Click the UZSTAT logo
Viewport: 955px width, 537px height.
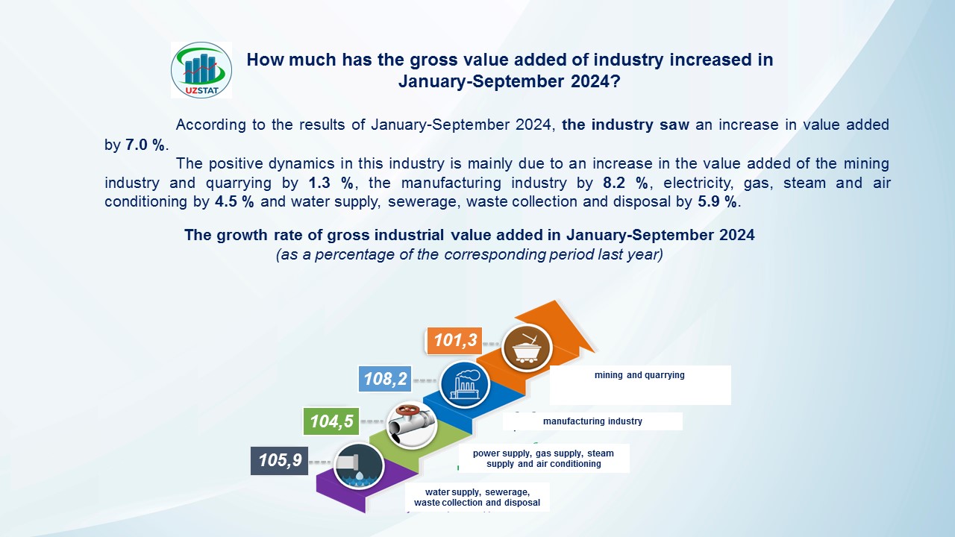(x=201, y=69)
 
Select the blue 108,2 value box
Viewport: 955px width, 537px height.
(x=385, y=380)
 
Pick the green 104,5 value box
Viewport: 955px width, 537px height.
(x=331, y=421)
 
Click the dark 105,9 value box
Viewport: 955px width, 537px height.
(x=279, y=460)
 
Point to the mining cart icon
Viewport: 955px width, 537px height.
(x=527, y=348)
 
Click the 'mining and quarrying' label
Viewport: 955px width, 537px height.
(x=639, y=375)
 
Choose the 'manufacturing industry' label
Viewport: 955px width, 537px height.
(x=592, y=421)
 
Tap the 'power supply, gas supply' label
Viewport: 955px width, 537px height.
(x=543, y=458)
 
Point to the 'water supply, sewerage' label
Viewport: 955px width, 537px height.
(x=477, y=497)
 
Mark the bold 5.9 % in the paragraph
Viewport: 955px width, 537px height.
(x=718, y=201)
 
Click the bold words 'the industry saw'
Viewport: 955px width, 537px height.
(x=625, y=125)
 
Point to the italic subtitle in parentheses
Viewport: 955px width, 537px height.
(x=469, y=254)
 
